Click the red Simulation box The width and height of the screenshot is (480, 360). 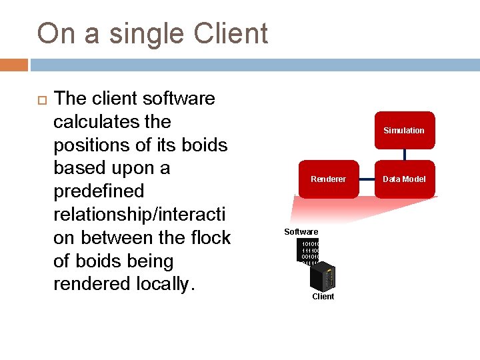point(404,130)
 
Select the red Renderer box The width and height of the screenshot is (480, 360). point(328,179)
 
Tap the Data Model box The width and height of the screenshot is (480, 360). point(404,179)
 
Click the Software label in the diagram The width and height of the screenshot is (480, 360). point(301,231)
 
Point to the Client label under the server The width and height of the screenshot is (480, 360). point(323,296)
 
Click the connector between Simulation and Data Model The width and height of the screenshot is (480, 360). point(404,155)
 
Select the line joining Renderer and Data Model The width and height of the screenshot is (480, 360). point(366,179)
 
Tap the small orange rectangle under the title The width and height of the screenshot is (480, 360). point(14,65)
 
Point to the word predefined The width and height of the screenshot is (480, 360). point(99,191)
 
